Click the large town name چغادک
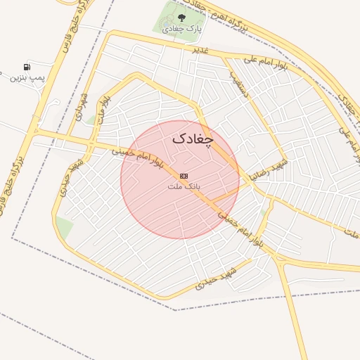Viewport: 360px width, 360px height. click(192, 139)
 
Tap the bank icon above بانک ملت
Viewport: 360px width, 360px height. click(184, 175)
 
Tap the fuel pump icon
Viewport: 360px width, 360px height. click(27, 66)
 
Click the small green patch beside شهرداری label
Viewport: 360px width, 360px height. click(91, 120)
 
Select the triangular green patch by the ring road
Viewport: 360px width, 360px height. click(64, 226)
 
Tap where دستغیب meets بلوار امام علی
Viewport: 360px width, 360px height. click(226, 59)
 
